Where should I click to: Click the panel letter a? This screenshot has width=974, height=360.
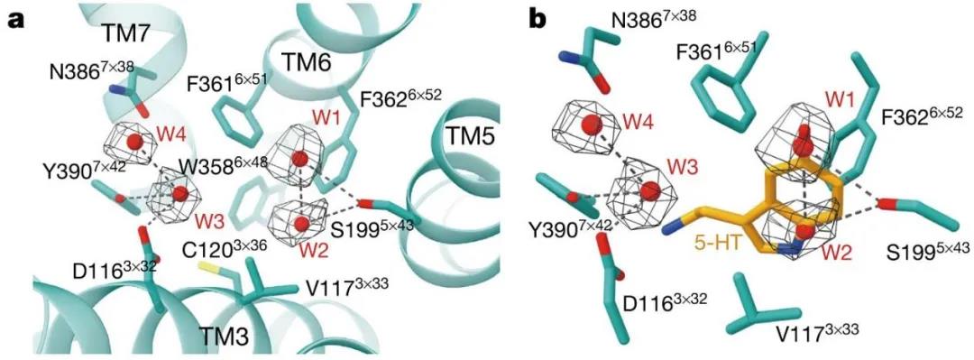16,21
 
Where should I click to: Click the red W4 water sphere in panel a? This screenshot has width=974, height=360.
134,143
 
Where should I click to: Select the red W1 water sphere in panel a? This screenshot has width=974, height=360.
300,159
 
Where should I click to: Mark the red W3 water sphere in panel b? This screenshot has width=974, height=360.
650,191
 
